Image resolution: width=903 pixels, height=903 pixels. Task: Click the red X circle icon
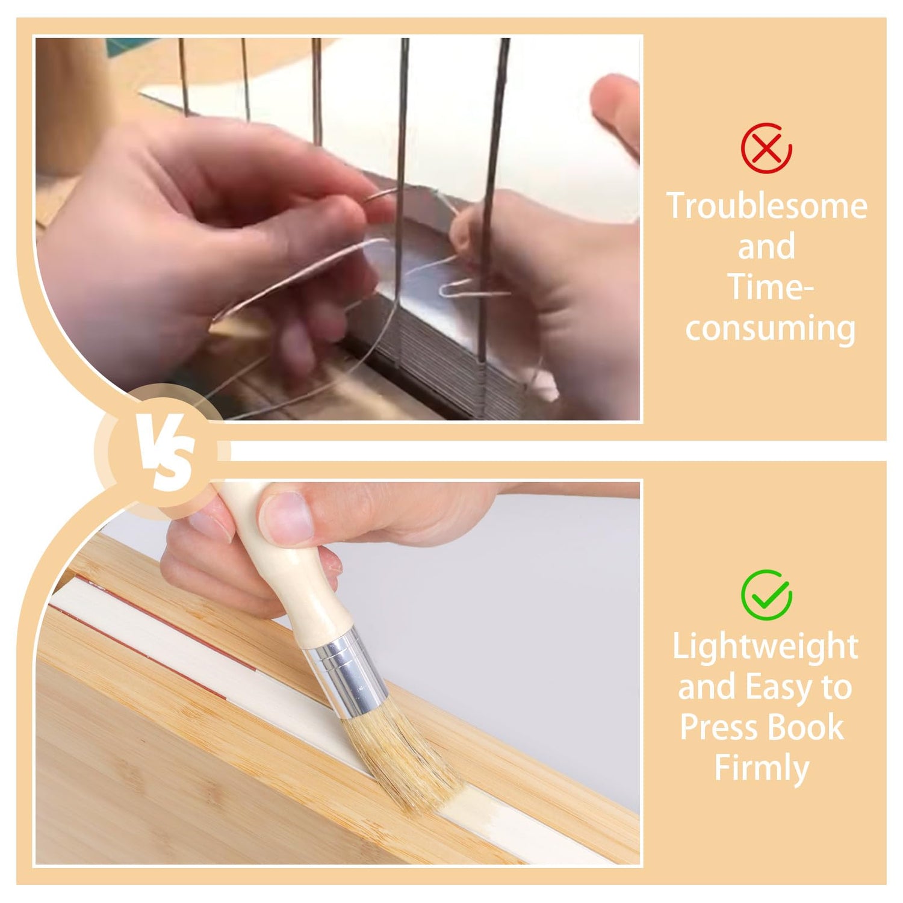[x=766, y=148]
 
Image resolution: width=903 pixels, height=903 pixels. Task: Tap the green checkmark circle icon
[x=766, y=594]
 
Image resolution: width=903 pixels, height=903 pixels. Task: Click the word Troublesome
[x=767, y=206]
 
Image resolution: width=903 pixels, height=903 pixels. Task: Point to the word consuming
[x=771, y=329]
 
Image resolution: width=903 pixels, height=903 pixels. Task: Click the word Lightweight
[x=765, y=647]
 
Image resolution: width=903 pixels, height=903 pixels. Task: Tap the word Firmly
[x=762, y=769]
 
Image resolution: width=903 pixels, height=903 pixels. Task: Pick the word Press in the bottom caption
[x=719, y=727]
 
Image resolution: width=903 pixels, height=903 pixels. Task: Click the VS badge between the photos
[x=163, y=451]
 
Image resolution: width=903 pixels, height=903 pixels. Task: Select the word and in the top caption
[x=766, y=246]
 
